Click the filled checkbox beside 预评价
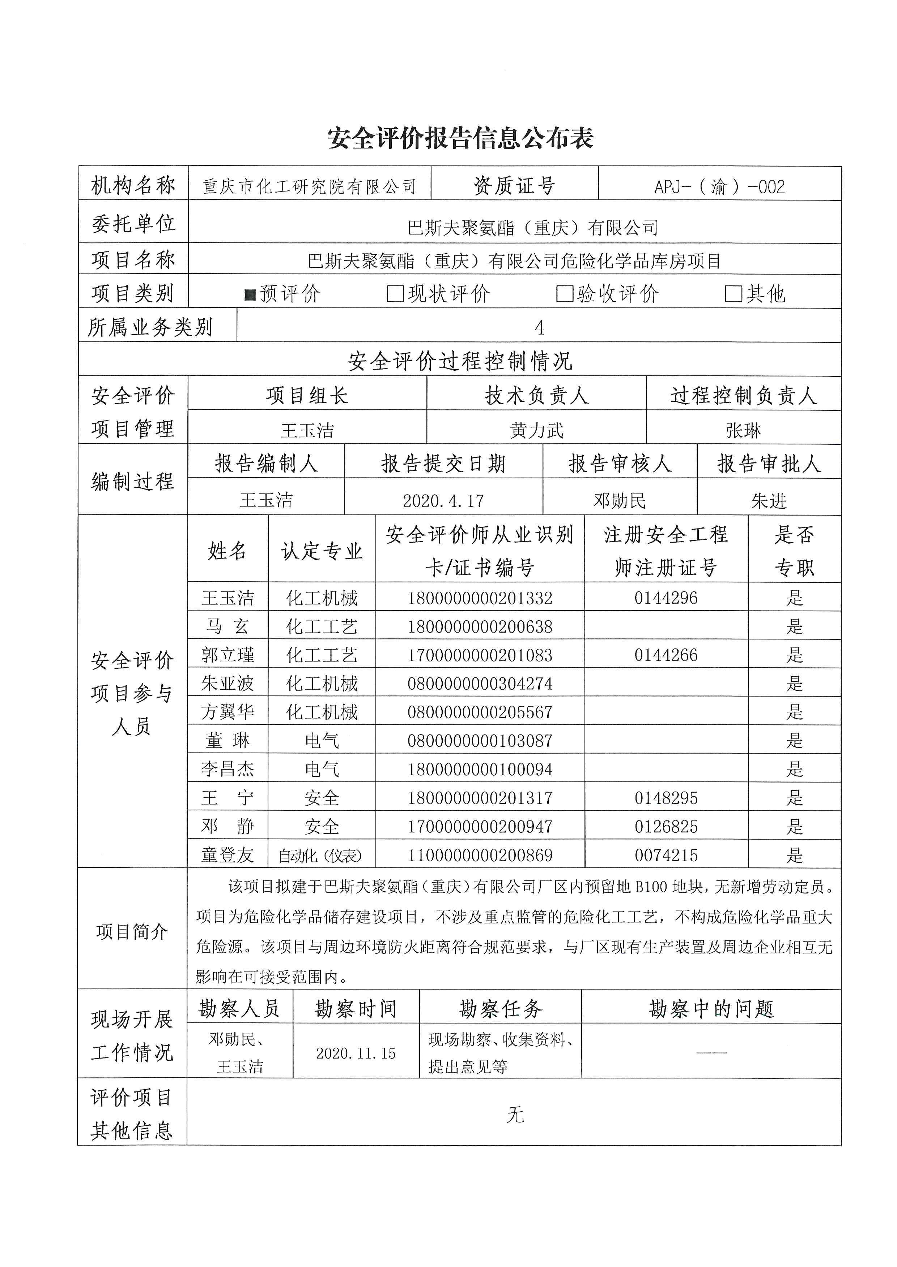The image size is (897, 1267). (x=250, y=295)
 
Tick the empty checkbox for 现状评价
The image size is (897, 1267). (x=395, y=294)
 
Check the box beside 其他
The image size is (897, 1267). (x=733, y=294)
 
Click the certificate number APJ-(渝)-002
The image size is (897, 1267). (x=719, y=187)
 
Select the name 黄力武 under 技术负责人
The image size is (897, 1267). (x=536, y=430)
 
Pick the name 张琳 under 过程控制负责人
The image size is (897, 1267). (x=743, y=430)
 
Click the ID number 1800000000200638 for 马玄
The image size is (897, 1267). (x=480, y=627)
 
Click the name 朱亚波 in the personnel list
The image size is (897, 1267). (x=227, y=684)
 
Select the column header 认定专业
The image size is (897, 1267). (x=322, y=551)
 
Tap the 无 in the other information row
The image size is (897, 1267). (x=514, y=1115)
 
